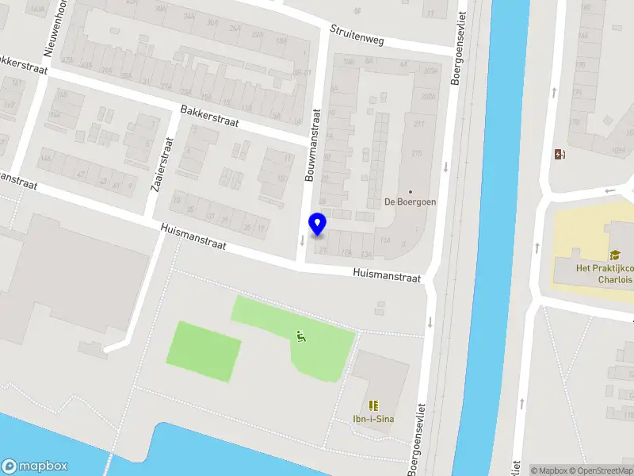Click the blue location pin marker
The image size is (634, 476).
pyautogui.click(x=318, y=225)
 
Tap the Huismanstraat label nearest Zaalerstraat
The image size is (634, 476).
pyautogui.click(x=193, y=236)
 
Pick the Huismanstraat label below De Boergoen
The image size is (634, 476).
pyautogui.click(x=386, y=274)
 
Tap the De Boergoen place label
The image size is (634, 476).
pyautogui.click(x=411, y=202)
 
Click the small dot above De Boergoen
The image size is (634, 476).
pyautogui.click(x=411, y=191)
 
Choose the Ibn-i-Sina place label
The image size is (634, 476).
pyautogui.click(x=374, y=420)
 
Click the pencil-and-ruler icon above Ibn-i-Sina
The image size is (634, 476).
pyautogui.click(x=374, y=405)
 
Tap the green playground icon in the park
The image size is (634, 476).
pyautogui.click(x=301, y=336)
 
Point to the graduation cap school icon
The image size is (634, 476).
pyautogui.click(x=614, y=255)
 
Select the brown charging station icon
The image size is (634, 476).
pyautogui.click(x=560, y=155)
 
